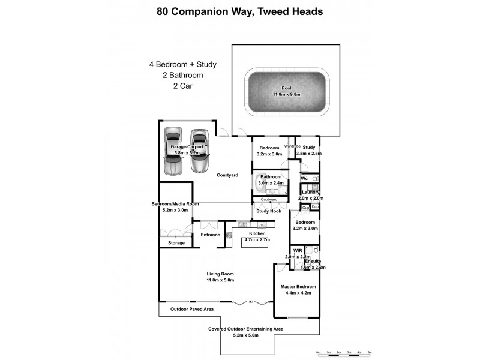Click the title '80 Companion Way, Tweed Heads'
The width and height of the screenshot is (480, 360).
pyautogui.click(x=239, y=11)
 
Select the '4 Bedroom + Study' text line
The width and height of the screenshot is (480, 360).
pyautogui.click(x=182, y=64)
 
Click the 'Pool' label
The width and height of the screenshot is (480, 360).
pyautogui.click(x=286, y=88)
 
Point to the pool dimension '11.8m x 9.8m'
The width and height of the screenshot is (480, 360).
pyautogui.click(x=286, y=94)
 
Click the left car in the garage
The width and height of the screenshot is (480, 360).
pyautogui.click(x=173, y=151)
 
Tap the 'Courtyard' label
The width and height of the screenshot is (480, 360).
pyautogui.click(x=227, y=175)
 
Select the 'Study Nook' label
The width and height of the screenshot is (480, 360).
pyautogui.click(x=268, y=211)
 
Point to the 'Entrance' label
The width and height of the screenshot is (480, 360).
pyautogui.click(x=210, y=235)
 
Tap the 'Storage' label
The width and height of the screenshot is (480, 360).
pyautogui.click(x=176, y=243)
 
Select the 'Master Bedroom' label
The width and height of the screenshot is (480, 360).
pyautogui.click(x=298, y=287)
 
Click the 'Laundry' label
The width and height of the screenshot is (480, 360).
pyautogui.click(x=311, y=192)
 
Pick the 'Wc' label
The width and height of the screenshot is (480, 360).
pyautogui.click(x=304, y=179)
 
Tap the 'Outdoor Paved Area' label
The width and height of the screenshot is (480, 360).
pyautogui.click(x=191, y=310)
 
